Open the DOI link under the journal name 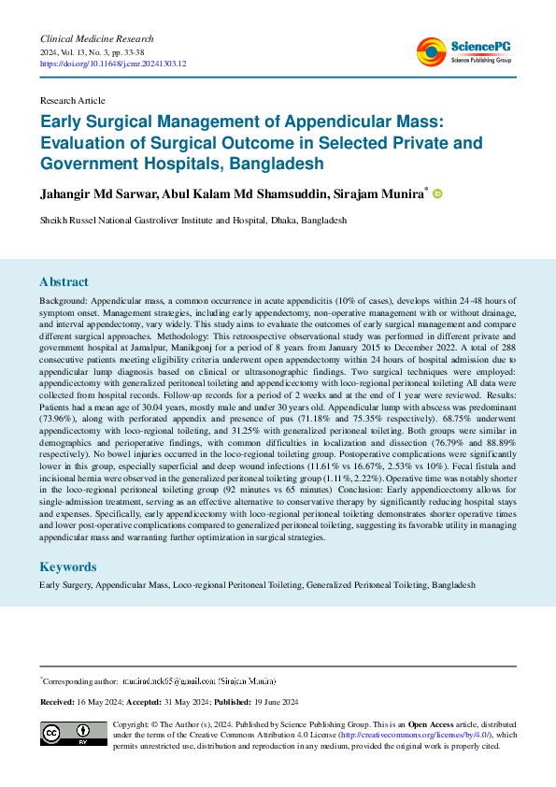tap(113, 64)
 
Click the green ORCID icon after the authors tap(436, 193)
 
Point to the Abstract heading tap(64, 281)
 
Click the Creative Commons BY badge tap(73, 734)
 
